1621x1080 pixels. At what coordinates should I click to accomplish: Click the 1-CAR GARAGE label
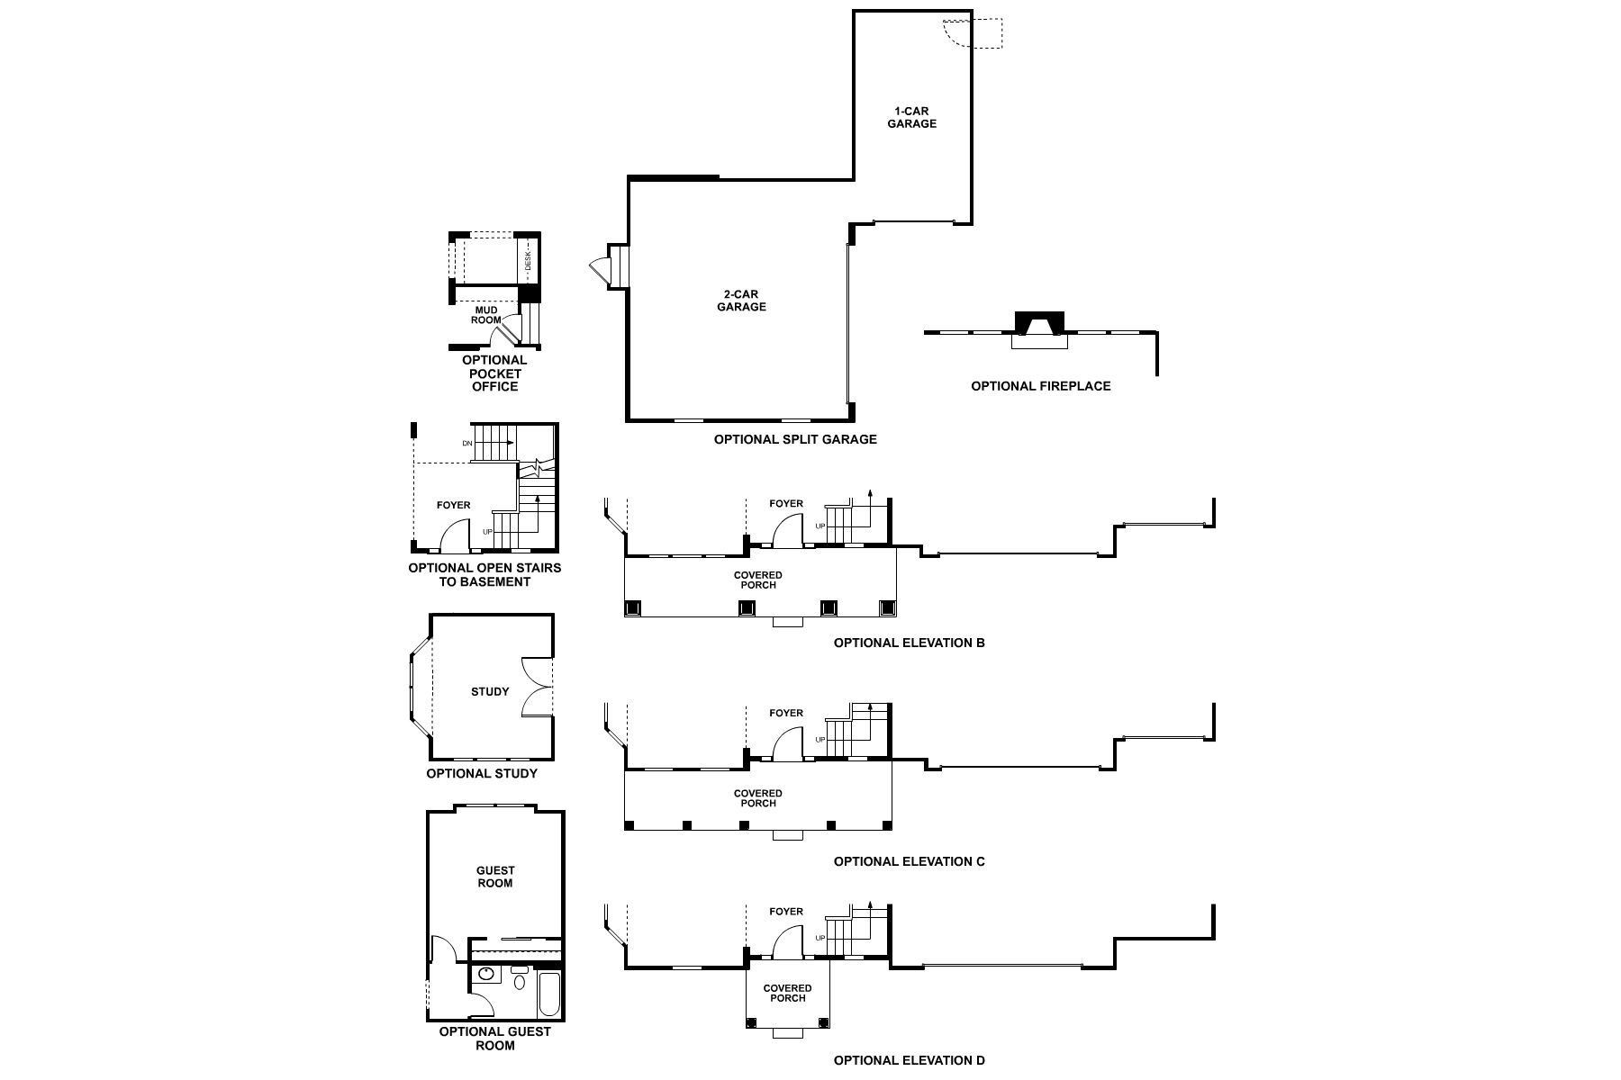pos(911,118)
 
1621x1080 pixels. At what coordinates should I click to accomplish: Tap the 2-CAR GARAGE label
pos(741,301)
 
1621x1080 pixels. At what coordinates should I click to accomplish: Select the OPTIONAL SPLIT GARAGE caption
pos(795,440)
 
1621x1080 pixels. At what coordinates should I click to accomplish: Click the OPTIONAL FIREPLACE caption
pos(1040,386)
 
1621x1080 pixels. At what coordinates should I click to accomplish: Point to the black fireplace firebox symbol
pos(1039,322)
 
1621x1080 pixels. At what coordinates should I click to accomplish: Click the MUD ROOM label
pos(485,315)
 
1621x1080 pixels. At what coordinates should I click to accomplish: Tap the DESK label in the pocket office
pos(529,262)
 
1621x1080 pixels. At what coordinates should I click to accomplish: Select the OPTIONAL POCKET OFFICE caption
pos(494,373)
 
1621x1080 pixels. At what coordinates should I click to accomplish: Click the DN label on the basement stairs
pos(467,444)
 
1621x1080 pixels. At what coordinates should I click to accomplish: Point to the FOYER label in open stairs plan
pos(453,506)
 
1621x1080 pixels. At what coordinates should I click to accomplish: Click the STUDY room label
pos(490,692)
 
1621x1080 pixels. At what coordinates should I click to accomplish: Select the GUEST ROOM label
pos(495,877)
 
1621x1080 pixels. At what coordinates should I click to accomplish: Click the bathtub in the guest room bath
pos(548,993)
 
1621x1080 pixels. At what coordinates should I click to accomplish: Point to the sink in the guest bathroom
pos(486,974)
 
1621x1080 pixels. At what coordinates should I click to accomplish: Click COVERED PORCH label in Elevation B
pos(758,580)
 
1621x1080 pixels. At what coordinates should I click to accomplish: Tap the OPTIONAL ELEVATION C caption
pos(909,862)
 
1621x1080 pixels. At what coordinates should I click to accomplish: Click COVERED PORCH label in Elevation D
pos(787,993)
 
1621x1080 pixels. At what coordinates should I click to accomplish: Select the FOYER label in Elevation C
pos(785,714)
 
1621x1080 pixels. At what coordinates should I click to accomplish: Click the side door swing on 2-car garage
pos(598,266)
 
